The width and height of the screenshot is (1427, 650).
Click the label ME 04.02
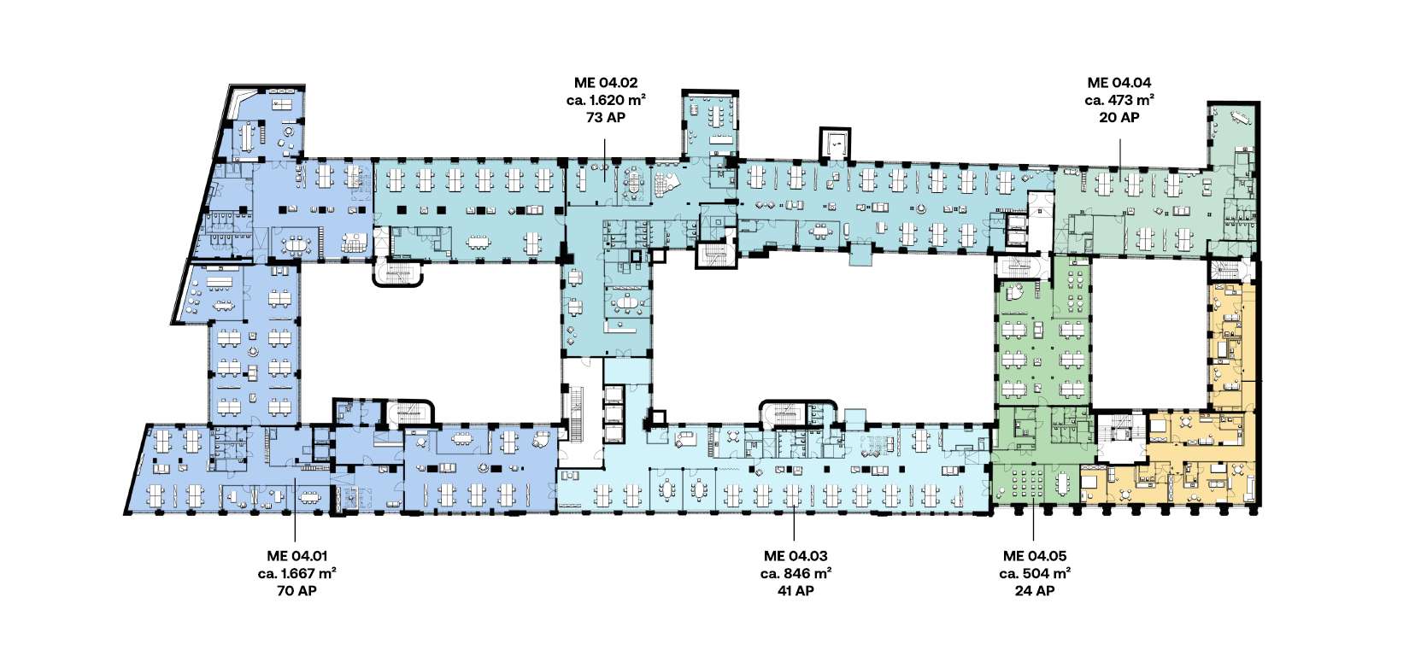[605, 83]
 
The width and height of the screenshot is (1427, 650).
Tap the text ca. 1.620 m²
[606, 100]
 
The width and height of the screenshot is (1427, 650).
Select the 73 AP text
[606, 117]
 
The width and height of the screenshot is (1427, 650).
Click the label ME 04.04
[1119, 83]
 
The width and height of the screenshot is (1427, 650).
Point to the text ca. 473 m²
[1119, 100]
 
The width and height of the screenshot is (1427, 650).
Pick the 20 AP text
[1119, 117]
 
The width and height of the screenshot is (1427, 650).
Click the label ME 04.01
[297, 556]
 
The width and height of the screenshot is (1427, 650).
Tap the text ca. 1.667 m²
[297, 574]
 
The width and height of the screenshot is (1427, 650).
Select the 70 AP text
[297, 591]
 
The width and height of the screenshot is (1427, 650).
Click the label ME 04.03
[796, 556]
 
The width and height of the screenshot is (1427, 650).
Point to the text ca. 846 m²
[796, 574]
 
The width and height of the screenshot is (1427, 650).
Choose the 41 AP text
[796, 591]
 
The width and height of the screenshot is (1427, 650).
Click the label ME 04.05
[1035, 556]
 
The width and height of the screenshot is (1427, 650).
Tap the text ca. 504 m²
[1035, 574]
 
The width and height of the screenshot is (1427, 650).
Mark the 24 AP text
[1035, 591]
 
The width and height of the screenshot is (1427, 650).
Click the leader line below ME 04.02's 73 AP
[605, 161]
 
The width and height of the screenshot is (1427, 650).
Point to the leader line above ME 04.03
[794, 519]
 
